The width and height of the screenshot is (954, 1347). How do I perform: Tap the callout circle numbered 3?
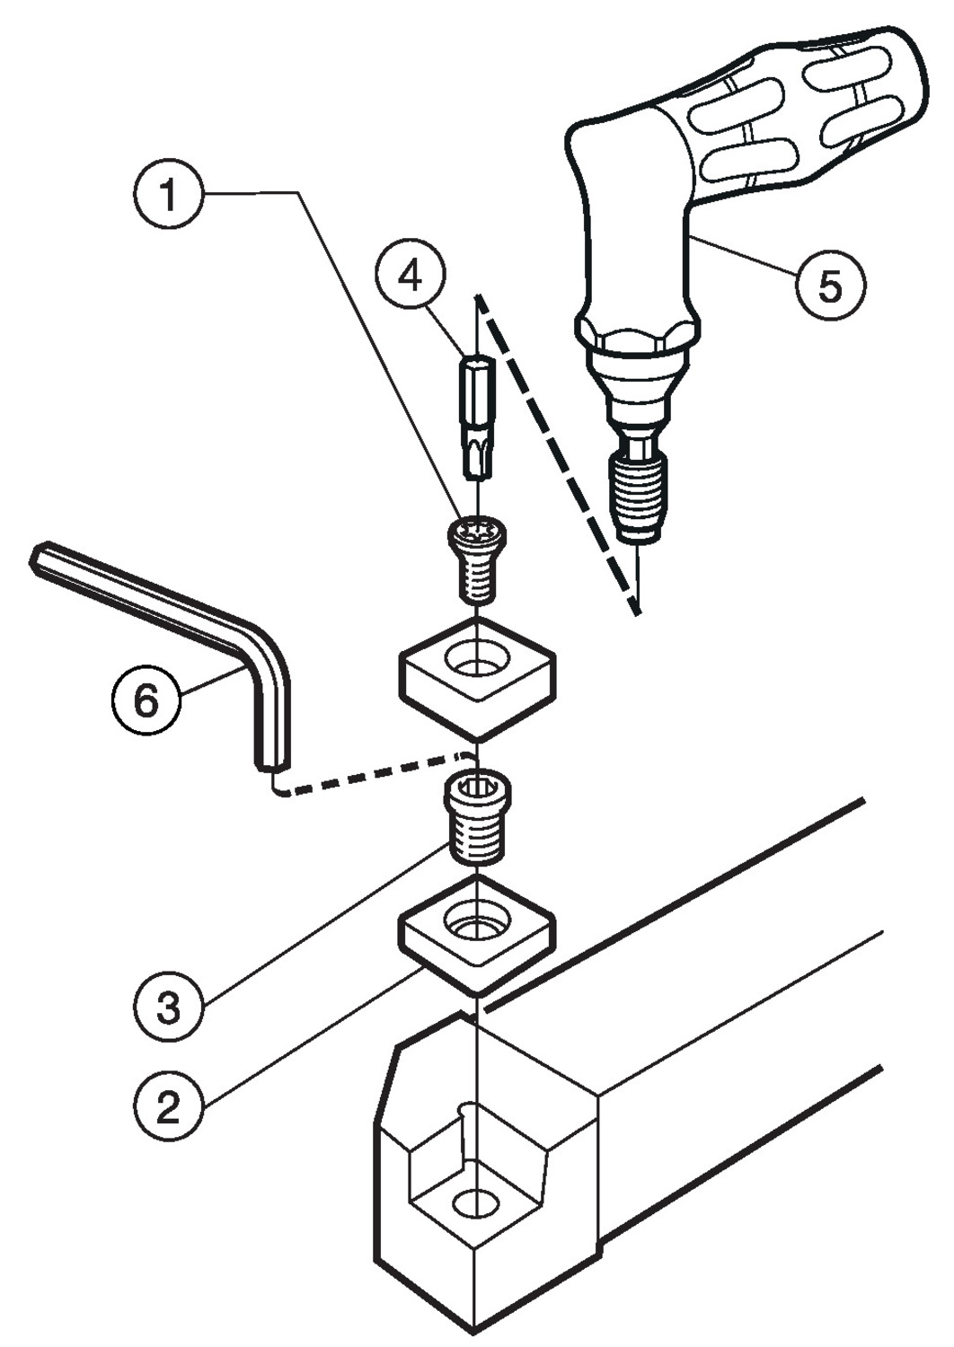point(168,1006)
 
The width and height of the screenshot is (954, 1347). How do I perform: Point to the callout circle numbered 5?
point(830,286)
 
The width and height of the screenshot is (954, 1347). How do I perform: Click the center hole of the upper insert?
point(479,663)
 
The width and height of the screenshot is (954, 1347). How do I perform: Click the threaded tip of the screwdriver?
point(638,494)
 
